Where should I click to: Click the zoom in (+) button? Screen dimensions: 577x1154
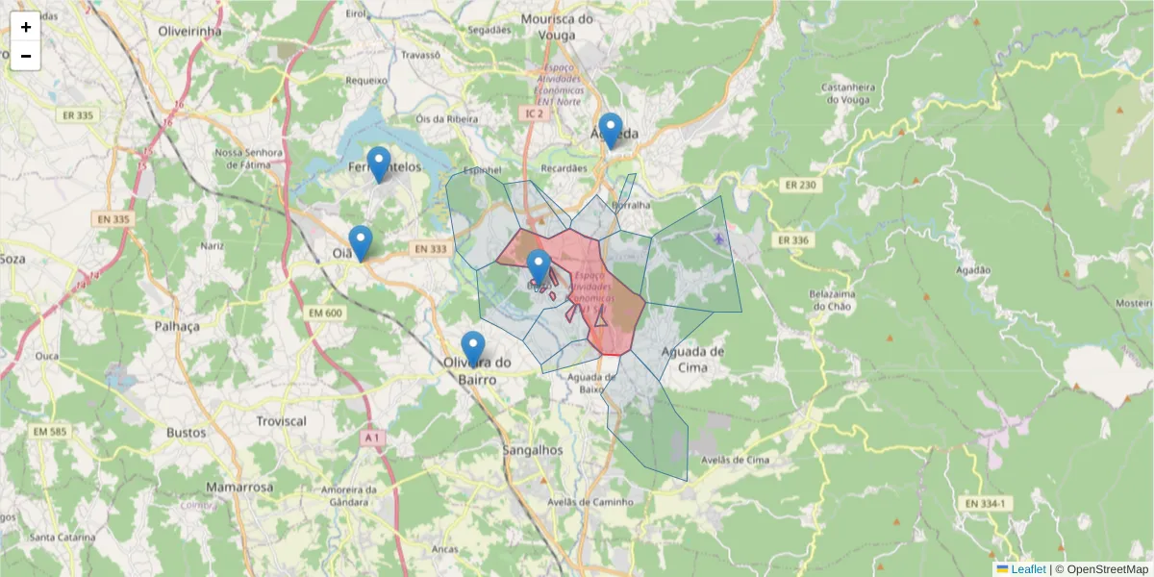pyautogui.click(x=26, y=27)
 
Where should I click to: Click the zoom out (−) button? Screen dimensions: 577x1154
pyautogui.click(x=26, y=56)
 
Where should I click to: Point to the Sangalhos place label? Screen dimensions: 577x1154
pyautogui.click(x=533, y=450)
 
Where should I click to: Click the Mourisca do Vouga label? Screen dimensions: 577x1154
pyautogui.click(x=562, y=27)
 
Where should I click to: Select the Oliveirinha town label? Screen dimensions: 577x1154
pyautogui.click(x=189, y=31)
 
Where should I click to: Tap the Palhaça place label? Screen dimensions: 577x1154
pyautogui.click(x=177, y=326)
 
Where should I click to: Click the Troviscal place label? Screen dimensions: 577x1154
pyautogui.click(x=281, y=421)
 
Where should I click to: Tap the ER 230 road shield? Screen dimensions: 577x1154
pyautogui.click(x=800, y=186)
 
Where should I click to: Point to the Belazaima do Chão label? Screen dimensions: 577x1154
pyautogui.click(x=831, y=300)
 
